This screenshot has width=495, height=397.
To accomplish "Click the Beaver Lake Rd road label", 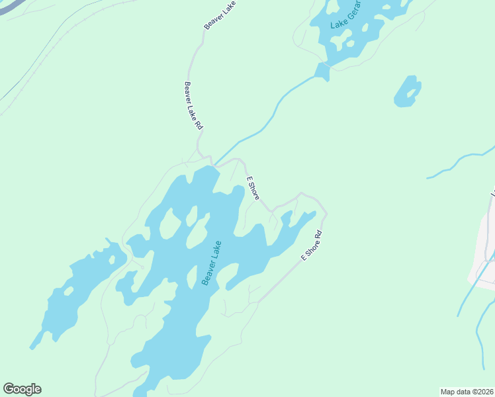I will tap(193, 106).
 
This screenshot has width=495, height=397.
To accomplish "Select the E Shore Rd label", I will tap(311, 245).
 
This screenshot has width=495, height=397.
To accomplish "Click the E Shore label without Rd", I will tap(253, 189).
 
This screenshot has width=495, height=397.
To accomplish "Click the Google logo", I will tap(22, 389).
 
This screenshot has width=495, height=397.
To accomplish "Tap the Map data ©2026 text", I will tap(467, 392).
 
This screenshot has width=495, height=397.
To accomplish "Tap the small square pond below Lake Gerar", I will tap(322, 71).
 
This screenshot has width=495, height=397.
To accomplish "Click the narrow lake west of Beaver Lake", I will tap(73, 291).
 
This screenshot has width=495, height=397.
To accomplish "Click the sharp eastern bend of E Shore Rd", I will tap(326, 214).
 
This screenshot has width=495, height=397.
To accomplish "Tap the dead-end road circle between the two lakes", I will tap(141, 266).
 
